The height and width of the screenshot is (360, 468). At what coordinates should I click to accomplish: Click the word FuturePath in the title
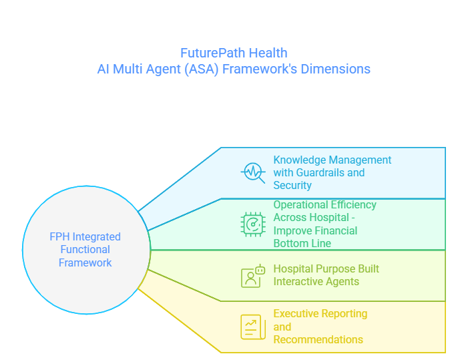coord(213,53)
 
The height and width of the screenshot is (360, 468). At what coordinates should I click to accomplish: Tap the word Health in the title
coord(268,53)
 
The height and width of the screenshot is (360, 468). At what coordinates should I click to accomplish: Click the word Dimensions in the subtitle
coord(336,69)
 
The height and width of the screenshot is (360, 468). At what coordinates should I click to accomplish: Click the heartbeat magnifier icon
coord(253,173)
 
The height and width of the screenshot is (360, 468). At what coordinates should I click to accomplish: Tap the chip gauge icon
coord(253,224)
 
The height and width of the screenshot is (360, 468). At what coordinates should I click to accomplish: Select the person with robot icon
coord(253,276)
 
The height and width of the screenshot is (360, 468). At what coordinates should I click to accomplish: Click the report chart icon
coord(253,327)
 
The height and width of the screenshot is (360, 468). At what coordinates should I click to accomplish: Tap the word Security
coord(292,186)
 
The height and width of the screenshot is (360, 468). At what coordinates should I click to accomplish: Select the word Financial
coord(336,230)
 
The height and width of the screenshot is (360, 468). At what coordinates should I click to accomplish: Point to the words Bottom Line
coord(302,243)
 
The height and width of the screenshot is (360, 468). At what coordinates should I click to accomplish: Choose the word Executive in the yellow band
coord(296,314)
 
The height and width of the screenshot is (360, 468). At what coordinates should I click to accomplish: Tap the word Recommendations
coord(318,340)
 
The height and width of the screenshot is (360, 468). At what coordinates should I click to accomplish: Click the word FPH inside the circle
coord(59,236)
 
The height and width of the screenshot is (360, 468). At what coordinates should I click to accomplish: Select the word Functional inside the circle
coord(85,250)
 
